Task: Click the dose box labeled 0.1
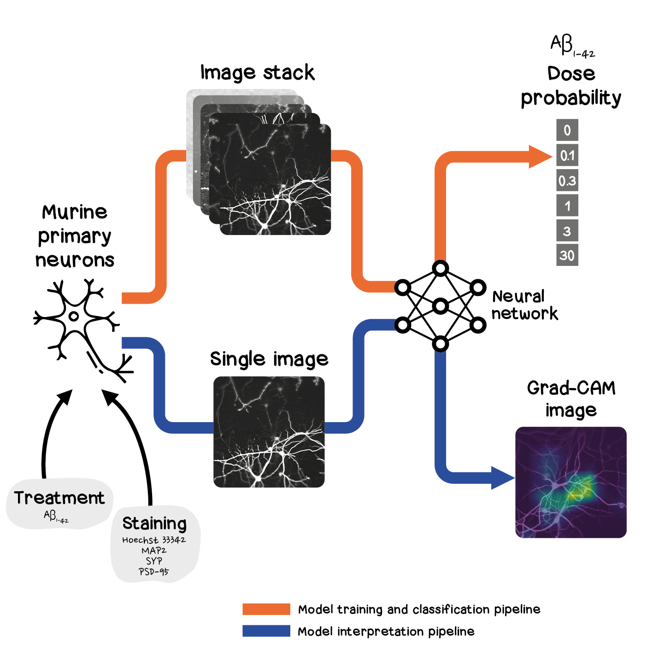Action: click(567, 155)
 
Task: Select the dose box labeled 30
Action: click(567, 255)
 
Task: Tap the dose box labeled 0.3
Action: click(567, 181)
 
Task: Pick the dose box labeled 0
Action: click(567, 130)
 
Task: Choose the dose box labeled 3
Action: click(567, 230)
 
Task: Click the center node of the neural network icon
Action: click(441, 306)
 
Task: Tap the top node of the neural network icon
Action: click(441, 268)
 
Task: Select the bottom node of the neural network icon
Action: click(441, 343)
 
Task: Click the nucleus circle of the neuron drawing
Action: click(73, 317)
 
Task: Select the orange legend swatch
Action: click(266, 609)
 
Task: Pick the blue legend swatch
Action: click(266, 631)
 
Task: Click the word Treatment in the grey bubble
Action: click(59, 498)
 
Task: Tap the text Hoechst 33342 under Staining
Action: click(154, 540)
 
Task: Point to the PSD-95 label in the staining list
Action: click(154, 572)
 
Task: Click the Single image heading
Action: click(269, 359)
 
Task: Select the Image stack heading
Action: click(257, 73)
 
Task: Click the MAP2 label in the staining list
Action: click(154, 551)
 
